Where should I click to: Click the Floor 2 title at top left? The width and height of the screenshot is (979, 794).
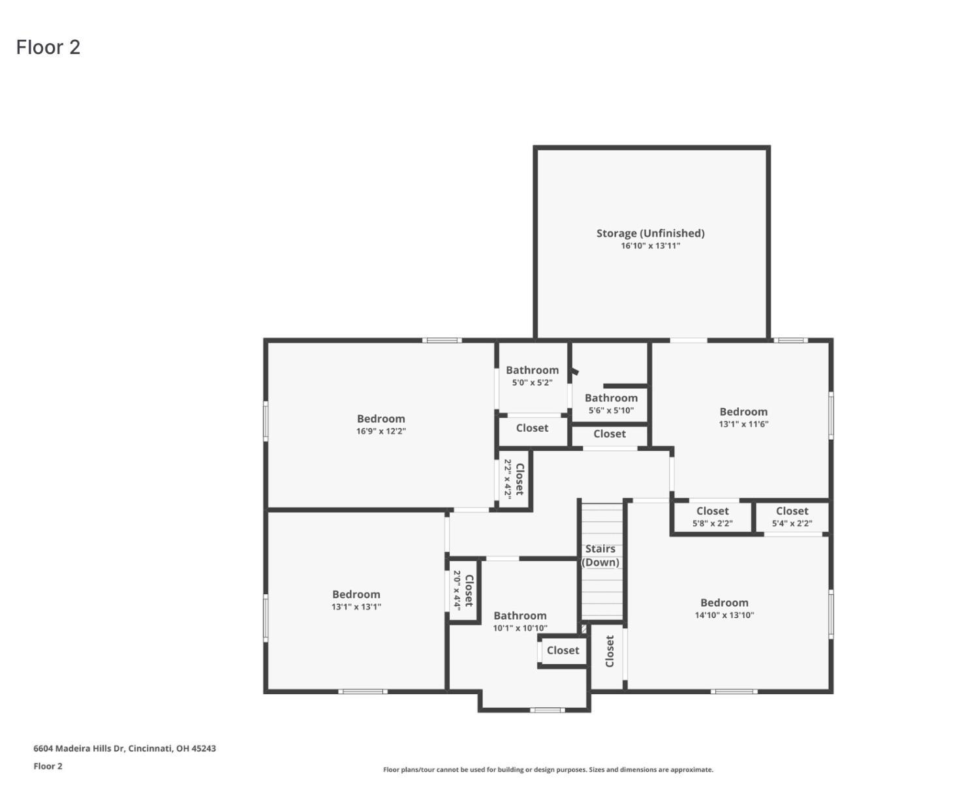[x=48, y=48]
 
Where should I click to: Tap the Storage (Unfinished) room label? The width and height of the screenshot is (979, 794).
[x=650, y=233]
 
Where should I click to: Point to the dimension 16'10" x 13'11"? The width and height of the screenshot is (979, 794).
[x=650, y=246]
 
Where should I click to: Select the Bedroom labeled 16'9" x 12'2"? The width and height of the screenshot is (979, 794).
[x=381, y=419]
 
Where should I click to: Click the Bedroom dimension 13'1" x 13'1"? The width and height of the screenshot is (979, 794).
[x=356, y=607]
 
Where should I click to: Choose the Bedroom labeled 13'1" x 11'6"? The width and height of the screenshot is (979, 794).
[x=743, y=412]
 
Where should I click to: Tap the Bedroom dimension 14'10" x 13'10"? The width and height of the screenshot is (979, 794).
[x=724, y=615]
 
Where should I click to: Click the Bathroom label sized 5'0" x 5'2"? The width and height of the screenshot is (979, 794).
[x=532, y=370]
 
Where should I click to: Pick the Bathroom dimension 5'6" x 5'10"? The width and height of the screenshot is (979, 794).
[x=611, y=410]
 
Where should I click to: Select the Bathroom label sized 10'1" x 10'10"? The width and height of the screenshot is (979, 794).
[x=520, y=616]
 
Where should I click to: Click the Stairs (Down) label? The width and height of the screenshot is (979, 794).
[x=600, y=555]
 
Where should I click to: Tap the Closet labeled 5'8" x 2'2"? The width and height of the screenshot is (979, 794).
[x=712, y=511]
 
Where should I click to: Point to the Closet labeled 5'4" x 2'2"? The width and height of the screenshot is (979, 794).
[x=792, y=511]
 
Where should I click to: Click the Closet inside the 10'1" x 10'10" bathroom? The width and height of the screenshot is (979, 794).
[x=563, y=650]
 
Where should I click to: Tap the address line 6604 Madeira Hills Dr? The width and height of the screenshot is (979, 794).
[x=125, y=748]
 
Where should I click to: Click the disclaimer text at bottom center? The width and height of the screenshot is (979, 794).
[x=548, y=770]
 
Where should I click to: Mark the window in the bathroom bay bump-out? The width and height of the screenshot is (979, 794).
[x=547, y=710]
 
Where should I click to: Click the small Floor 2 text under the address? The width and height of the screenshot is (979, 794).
[x=48, y=766]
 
